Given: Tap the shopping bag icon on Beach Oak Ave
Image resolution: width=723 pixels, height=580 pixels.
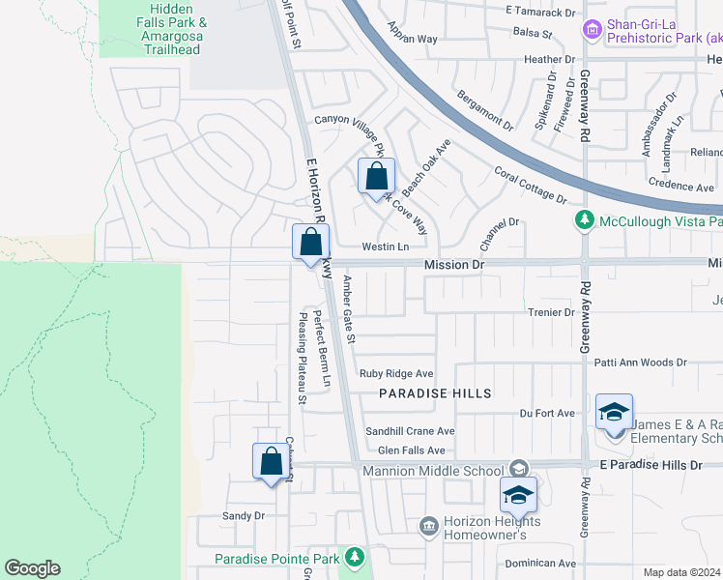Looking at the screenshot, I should click(376, 177).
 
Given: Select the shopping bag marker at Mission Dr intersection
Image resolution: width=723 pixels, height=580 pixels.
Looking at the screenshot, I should click(311, 243).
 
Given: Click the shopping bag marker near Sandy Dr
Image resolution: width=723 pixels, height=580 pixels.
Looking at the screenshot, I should click(271, 460).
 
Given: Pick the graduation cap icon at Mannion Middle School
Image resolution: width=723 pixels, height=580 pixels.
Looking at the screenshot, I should click(518, 494).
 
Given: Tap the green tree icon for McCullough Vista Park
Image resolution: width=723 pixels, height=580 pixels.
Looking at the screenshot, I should click(584, 221).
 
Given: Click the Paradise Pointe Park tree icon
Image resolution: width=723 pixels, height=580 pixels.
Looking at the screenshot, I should click(355, 558).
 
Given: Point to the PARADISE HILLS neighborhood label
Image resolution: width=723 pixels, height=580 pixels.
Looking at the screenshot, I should click(435, 393).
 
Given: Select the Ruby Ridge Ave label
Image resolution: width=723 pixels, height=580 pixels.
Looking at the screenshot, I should click(396, 374).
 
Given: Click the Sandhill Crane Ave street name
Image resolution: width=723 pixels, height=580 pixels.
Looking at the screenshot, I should click(409, 431).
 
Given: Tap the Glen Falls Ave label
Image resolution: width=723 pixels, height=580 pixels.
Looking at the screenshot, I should click(411, 450).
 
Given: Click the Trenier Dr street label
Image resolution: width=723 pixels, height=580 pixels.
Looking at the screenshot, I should click(552, 312).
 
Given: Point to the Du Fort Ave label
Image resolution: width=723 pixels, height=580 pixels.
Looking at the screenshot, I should click(547, 413).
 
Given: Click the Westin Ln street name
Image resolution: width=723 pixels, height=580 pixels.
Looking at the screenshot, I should click(385, 247).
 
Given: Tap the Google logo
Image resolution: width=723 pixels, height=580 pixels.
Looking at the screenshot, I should click(32, 568).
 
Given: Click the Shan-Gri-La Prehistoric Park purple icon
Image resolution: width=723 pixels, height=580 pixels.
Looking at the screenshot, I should click(592, 32).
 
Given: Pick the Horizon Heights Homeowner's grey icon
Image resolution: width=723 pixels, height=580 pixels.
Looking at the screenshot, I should click(428, 526).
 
